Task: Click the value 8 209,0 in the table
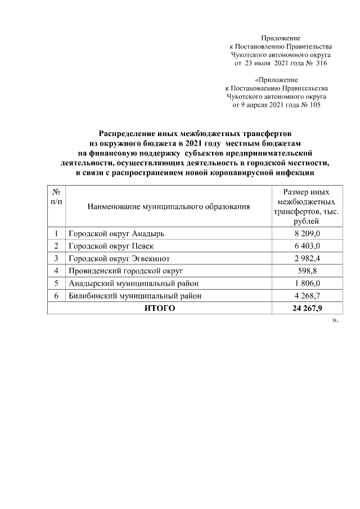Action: (307, 233)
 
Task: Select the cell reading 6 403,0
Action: (307, 246)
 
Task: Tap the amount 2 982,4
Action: (307, 258)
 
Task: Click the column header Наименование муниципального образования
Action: (168, 207)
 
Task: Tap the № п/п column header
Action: (56, 197)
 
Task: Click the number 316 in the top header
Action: (321, 64)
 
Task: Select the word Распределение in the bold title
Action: (127, 134)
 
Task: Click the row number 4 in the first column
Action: (56, 271)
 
